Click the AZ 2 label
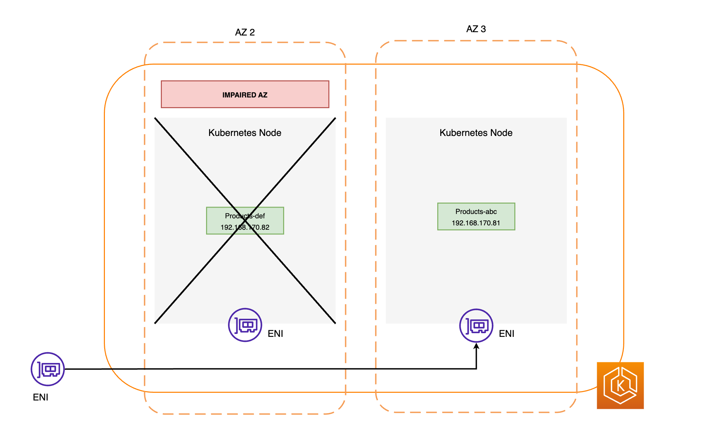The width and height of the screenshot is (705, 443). (245, 32)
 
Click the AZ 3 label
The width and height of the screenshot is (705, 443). (476, 29)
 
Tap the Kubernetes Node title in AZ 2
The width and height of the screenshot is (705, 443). (245, 133)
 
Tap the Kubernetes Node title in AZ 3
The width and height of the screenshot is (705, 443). (476, 133)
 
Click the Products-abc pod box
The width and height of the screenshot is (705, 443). (476, 217)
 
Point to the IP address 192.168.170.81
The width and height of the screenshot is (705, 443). (476, 223)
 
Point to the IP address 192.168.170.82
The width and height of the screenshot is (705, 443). (245, 227)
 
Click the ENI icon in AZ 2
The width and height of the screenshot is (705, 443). (245, 325)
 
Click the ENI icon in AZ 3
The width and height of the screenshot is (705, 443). (476, 325)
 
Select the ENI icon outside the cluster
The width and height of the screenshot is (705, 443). (48, 369)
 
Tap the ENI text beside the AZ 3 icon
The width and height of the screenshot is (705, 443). (506, 334)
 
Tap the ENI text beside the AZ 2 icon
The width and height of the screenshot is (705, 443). (275, 334)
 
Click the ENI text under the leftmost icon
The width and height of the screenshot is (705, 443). (41, 397)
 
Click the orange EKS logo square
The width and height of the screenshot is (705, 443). (620, 385)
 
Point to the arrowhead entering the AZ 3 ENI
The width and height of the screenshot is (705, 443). (476, 346)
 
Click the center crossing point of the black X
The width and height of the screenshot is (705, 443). (245, 220)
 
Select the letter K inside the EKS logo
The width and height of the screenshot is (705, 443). (620, 386)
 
